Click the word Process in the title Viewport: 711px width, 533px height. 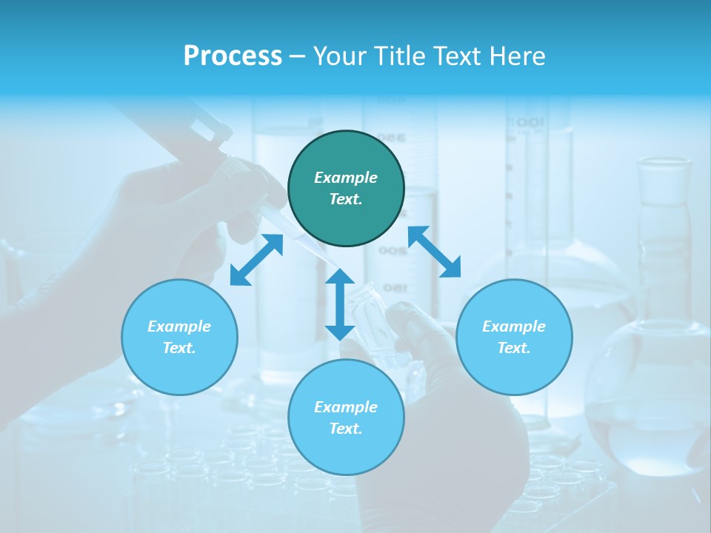click(233, 56)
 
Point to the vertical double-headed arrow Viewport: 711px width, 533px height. click(340, 304)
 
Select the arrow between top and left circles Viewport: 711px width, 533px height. click(256, 260)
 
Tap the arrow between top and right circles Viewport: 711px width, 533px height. click(434, 252)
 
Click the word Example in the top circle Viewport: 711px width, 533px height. click(346, 178)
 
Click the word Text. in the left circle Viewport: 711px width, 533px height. click(179, 348)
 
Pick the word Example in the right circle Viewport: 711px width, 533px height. click(514, 326)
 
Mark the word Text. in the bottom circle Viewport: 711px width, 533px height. click(346, 429)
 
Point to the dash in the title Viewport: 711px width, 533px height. click(297, 56)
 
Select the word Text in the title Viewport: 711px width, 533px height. click(454, 56)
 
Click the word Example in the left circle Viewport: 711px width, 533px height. click(179, 326)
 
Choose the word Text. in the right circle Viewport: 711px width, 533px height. click(514, 348)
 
